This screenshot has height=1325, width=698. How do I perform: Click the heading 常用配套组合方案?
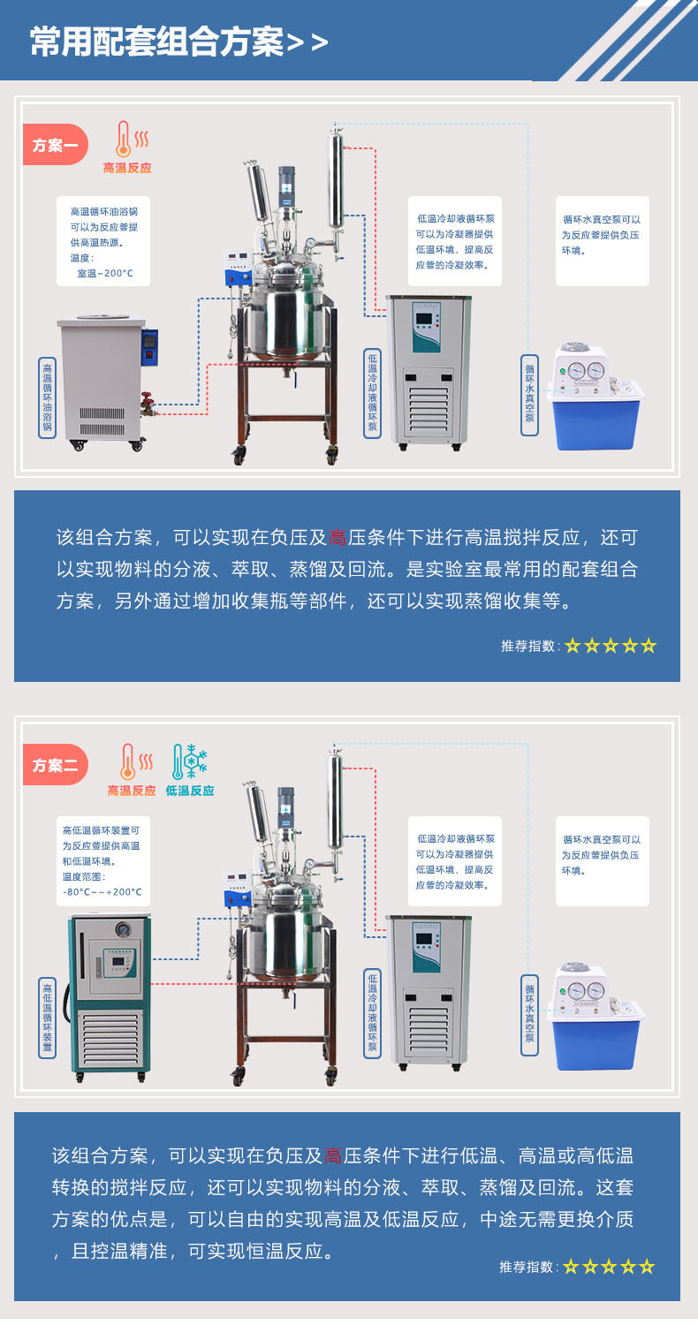click(x=157, y=42)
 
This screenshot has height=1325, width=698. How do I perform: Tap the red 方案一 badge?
click(x=55, y=144)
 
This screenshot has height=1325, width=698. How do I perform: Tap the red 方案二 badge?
click(x=55, y=765)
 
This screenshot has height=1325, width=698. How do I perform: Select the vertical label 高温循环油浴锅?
click(x=48, y=397)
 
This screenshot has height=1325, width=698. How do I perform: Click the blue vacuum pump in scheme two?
click(x=596, y=1016)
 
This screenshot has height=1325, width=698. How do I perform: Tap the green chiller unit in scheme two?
click(x=109, y=995)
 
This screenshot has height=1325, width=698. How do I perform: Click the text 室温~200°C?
click(x=105, y=273)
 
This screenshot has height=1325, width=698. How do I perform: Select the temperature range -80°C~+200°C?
click(x=102, y=892)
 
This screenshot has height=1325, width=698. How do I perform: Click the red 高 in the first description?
click(x=338, y=537)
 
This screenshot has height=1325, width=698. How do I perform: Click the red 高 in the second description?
click(x=333, y=1155)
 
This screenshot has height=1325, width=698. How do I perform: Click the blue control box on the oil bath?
click(x=150, y=347)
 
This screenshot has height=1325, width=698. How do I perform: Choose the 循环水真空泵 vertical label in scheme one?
click(x=529, y=395)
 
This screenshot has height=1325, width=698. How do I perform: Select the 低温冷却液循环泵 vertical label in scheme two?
click(x=372, y=1012)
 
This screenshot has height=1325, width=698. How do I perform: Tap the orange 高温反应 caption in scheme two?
click(x=132, y=791)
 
